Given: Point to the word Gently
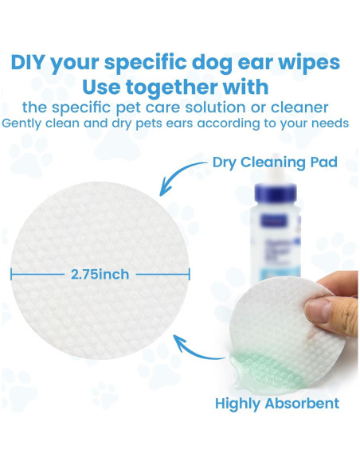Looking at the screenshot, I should (x=25, y=123).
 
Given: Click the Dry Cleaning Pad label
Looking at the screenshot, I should (x=274, y=163).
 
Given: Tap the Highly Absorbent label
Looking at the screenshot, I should (x=276, y=403).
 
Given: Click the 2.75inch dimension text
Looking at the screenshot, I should (x=100, y=274).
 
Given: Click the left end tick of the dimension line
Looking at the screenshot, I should (x=12, y=274).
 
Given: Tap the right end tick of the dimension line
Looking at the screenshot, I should (x=189, y=274).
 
